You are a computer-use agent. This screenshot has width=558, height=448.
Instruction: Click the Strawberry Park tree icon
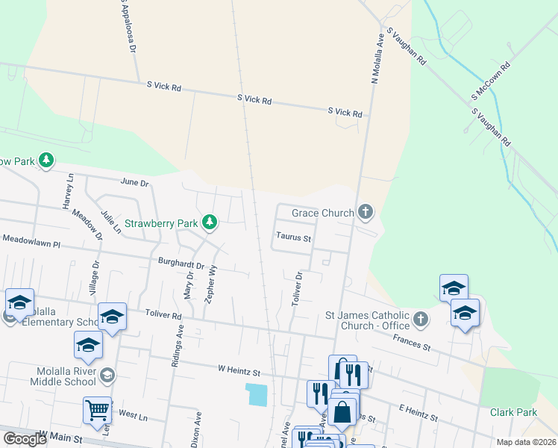(210, 222)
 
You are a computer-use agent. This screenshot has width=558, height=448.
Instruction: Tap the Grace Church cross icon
(365, 212)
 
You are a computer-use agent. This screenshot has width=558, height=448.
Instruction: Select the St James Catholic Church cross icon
(421, 320)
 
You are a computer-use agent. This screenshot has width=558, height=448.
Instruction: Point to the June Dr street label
(134, 182)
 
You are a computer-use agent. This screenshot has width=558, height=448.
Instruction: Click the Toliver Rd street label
(164, 316)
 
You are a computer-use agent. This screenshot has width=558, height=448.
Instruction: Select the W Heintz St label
(239, 370)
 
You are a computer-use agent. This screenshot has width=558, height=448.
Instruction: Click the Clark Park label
(513, 412)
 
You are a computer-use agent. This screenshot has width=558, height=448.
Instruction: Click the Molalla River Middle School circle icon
(108, 375)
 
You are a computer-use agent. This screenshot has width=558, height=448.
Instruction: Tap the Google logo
(25, 439)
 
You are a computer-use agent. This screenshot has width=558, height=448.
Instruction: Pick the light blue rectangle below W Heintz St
(256, 394)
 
